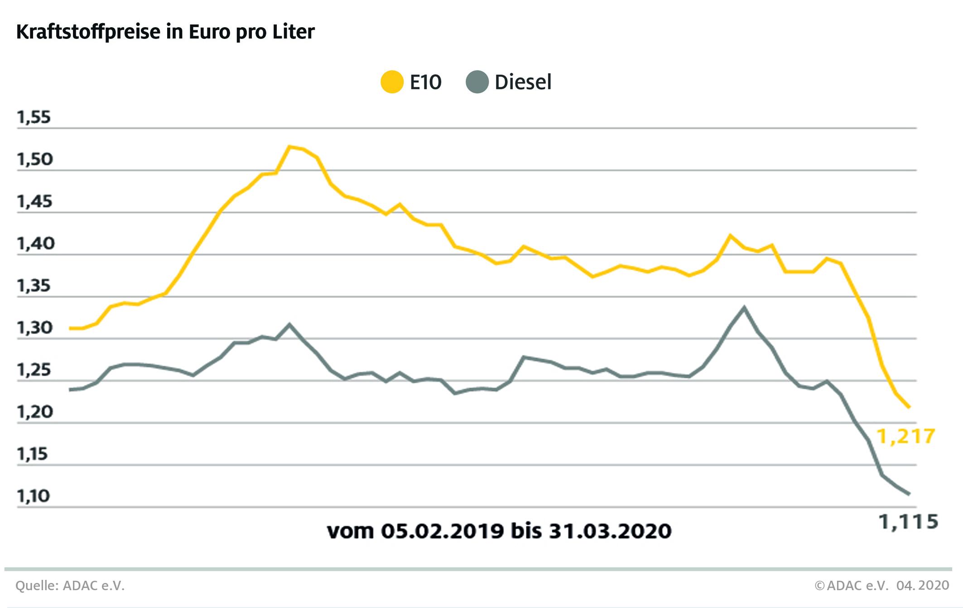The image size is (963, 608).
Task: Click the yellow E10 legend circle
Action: click(x=392, y=82)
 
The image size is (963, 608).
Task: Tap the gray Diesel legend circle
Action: click(x=477, y=82)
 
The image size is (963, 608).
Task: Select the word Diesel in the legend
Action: click(x=523, y=82)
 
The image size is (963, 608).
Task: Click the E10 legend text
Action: click(x=425, y=82)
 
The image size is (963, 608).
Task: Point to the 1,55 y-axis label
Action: click(x=34, y=118)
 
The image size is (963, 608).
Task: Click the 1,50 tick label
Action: click(x=34, y=159)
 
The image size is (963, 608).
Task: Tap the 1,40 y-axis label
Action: click(x=34, y=244)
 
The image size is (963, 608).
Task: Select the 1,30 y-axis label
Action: click(x=34, y=328)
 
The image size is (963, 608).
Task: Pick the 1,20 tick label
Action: click(x=34, y=412)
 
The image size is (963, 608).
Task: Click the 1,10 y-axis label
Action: click(x=34, y=496)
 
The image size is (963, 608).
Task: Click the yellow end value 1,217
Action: click(x=905, y=436)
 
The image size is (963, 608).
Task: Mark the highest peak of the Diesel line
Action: click(x=744, y=307)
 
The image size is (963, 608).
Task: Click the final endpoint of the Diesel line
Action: click(x=908, y=494)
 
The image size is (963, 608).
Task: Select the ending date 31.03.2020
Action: click(x=610, y=531)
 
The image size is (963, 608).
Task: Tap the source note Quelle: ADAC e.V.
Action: click(x=70, y=585)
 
